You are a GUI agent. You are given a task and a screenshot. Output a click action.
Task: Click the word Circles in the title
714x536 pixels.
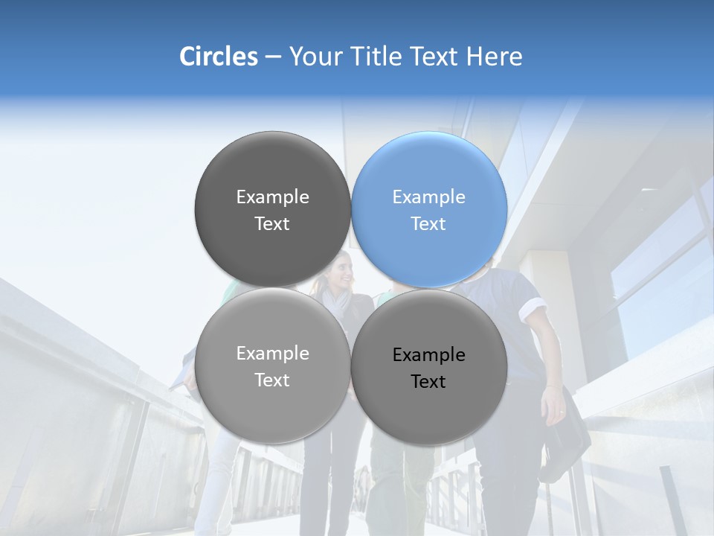pyautogui.click(x=218, y=57)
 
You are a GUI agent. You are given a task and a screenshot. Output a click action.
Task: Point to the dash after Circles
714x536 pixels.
pyautogui.click(x=273, y=57)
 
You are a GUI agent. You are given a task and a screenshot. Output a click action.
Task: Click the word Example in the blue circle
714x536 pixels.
pyautogui.click(x=429, y=197)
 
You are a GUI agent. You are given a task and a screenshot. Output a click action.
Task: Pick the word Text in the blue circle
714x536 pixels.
pyautogui.click(x=428, y=224)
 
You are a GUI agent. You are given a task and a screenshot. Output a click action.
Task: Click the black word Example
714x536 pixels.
pyautogui.click(x=429, y=355)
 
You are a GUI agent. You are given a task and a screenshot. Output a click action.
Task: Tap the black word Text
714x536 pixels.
pyautogui.click(x=428, y=382)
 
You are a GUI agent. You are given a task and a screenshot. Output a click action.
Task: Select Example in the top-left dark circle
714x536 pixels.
pyautogui.click(x=272, y=197)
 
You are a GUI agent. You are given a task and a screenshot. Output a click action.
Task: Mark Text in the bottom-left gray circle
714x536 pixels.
pyautogui.click(x=272, y=380)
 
